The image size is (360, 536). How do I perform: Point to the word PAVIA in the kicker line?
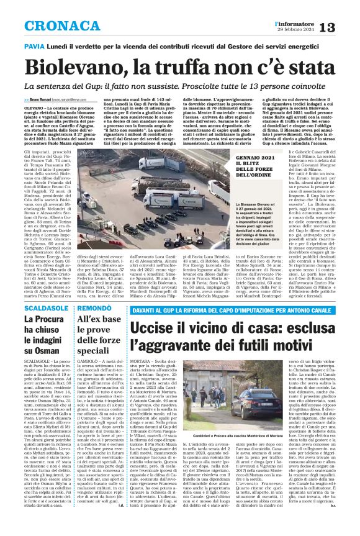tap(34, 46)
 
